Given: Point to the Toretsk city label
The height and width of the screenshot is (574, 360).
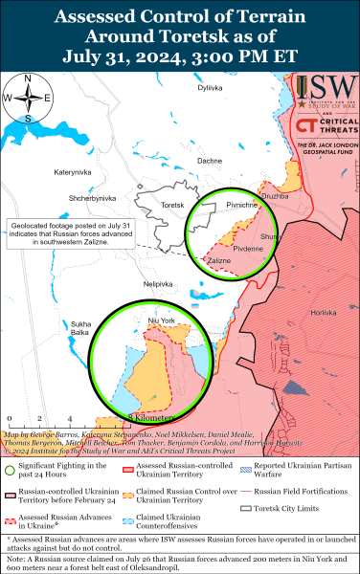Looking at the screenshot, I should coord(173,206).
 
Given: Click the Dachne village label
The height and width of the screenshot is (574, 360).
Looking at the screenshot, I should coord(209,161).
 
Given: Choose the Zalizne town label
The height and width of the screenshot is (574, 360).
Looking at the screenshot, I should coord(219,260).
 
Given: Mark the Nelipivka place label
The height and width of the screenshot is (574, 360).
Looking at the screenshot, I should coord(158,284).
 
